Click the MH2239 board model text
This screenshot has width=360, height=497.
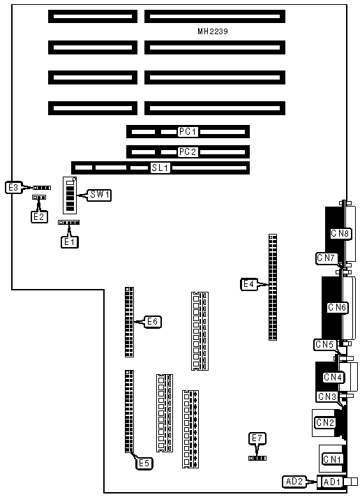click(213, 31)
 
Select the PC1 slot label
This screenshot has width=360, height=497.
click(188, 131)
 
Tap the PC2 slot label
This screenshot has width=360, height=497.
click(188, 152)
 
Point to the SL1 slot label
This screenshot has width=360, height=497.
click(160, 168)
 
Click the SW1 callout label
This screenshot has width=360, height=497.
click(100, 195)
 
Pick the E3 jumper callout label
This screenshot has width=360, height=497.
click(13, 187)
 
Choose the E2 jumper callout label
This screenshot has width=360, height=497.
click(39, 217)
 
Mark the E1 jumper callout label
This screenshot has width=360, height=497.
click(69, 242)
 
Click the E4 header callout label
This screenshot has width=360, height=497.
click(249, 284)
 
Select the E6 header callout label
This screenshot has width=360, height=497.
click(153, 322)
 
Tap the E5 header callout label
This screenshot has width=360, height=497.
click(144, 463)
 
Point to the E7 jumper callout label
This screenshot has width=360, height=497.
click(257, 438)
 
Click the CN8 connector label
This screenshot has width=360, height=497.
click(340, 234)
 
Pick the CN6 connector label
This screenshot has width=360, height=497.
click(337, 307)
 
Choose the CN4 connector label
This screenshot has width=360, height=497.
click(333, 377)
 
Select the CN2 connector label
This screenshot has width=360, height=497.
click(325, 422)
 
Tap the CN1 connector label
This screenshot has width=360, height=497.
click(332, 459)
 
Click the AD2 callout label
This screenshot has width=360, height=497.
click(294, 482)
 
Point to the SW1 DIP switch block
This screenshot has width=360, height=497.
click(70, 195)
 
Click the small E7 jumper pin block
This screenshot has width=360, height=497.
click(257, 459)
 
